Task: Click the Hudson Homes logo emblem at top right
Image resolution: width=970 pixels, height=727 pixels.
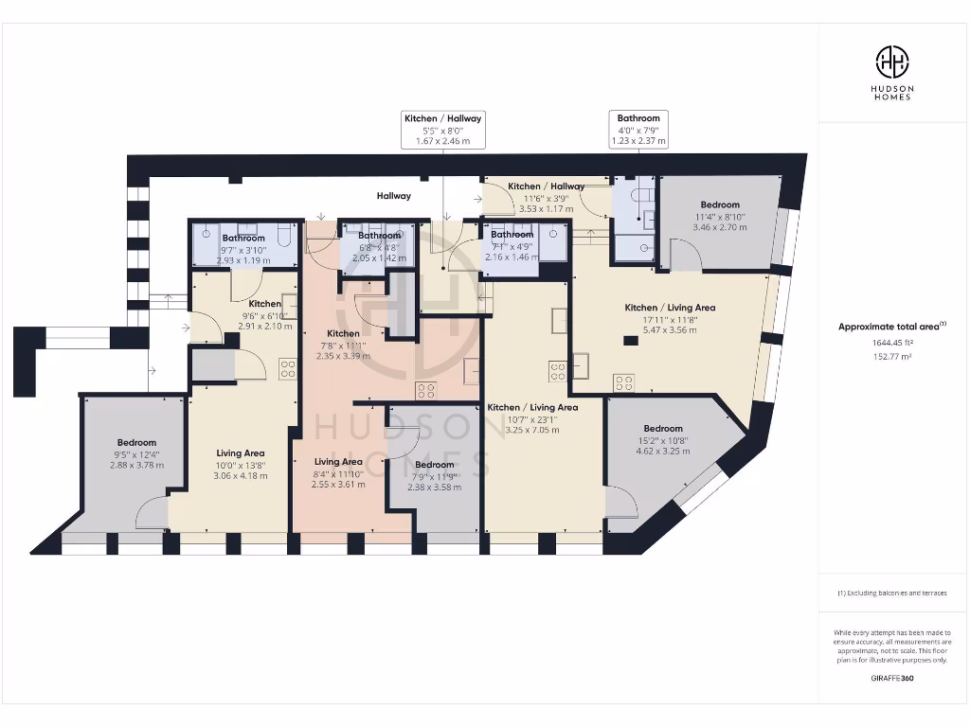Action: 891,62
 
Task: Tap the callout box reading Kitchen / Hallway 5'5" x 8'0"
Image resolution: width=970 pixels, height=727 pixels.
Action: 443,130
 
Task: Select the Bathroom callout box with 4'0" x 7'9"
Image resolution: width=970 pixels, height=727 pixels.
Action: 638,130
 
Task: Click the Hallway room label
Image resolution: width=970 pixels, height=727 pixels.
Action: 394,196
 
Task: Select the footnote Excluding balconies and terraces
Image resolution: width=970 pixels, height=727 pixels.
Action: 891,594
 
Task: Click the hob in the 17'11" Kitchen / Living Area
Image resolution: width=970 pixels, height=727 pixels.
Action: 623,382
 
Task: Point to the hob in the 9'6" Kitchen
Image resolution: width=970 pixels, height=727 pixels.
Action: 287,368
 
